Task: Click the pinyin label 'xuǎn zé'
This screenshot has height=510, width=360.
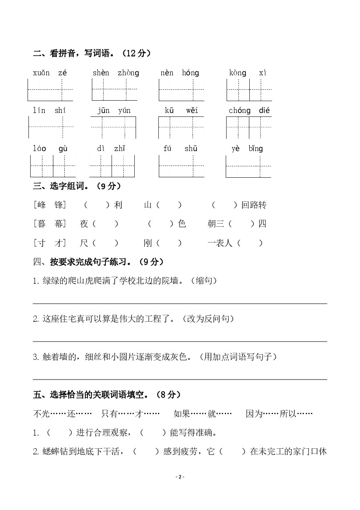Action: click(x=49, y=73)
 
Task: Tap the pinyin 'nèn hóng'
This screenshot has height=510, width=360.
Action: click(x=179, y=73)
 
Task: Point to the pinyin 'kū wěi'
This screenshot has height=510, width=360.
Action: click(x=181, y=110)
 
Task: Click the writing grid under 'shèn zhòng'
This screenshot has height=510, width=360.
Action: click(x=115, y=90)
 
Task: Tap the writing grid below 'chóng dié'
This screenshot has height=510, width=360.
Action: click(x=249, y=127)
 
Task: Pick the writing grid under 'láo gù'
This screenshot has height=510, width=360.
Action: click(x=53, y=166)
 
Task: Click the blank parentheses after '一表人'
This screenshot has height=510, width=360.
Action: click(x=250, y=243)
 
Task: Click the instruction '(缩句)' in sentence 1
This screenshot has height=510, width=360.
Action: click(x=204, y=281)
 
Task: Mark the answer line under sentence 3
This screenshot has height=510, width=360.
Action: click(x=180, y=379)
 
